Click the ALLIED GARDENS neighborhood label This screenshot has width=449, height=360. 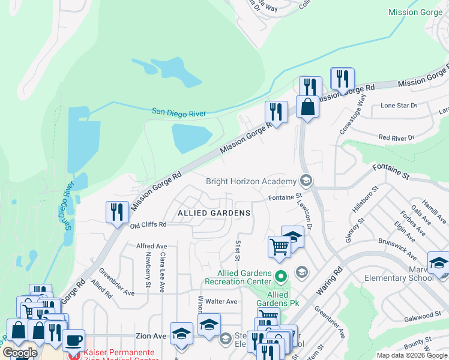coord(214,213)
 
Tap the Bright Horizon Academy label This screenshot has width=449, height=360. coord(252,181)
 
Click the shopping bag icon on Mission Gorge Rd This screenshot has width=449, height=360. coord(307,107)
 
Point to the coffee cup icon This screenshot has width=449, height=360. coord(73,340)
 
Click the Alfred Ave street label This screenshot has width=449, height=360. coord(151,246)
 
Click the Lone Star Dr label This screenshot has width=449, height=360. coord(399,106)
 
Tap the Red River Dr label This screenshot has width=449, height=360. coord(396,137)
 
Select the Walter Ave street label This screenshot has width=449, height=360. coord(221,301)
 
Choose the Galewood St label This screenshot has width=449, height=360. coord(423,316)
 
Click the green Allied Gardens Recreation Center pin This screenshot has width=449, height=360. coord(281,277)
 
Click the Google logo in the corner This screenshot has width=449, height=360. coord(20,353)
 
